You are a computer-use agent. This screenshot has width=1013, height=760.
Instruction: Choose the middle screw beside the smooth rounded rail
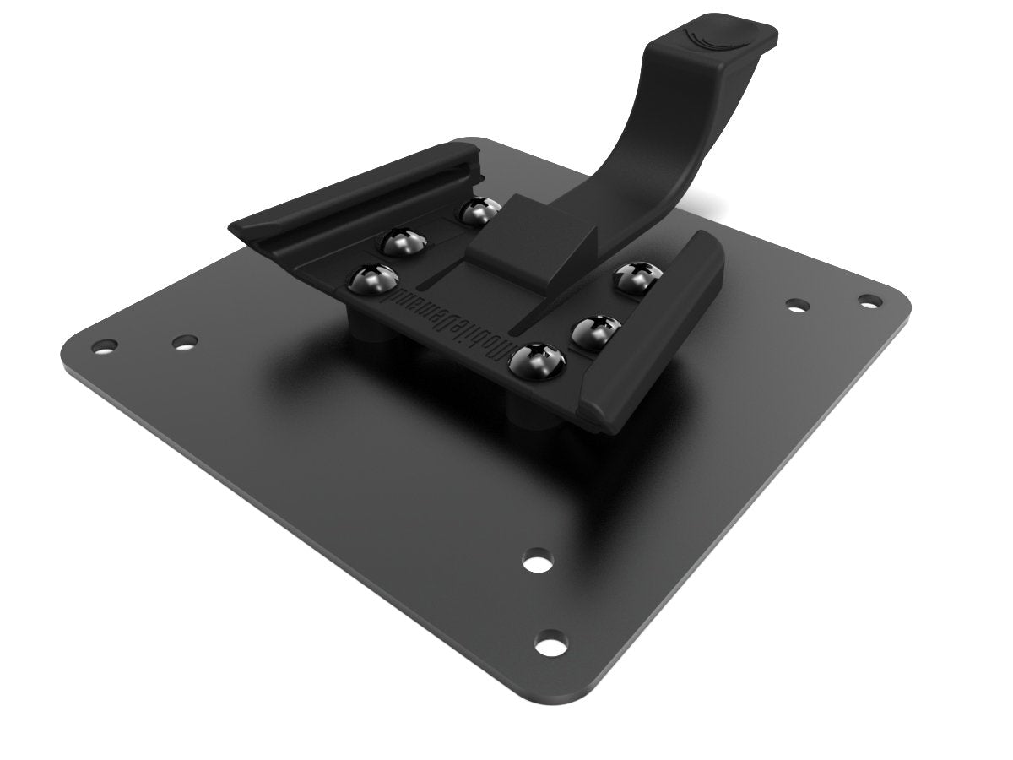tap(593, 330)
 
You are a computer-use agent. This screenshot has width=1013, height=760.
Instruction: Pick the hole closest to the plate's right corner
tap(868, 300)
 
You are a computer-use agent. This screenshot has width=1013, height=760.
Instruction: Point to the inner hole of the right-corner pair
tap(796, 304)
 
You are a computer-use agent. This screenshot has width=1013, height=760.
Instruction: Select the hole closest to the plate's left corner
tap(106, 345)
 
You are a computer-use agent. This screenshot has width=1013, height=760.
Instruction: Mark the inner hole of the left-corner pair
tap(184, 342)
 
